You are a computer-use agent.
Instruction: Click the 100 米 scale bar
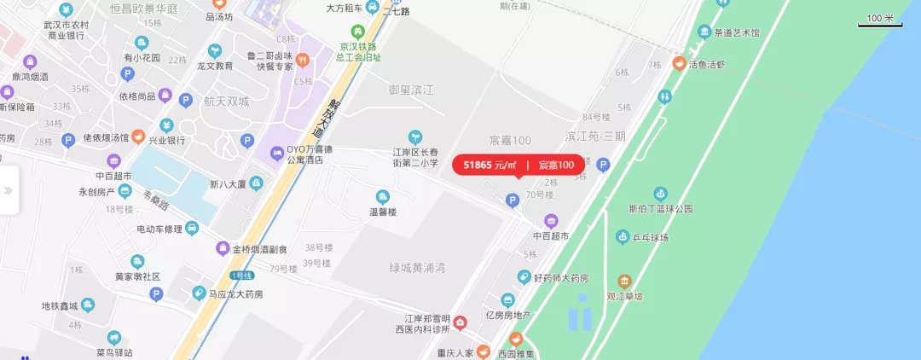point(879,20)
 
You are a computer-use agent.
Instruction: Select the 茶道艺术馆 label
point(737,32)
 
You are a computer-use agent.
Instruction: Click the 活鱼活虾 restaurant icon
point(679,63)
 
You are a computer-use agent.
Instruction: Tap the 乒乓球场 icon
point(623,236)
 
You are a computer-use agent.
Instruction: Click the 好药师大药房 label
point(560,277)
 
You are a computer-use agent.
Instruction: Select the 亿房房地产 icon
point(508,300)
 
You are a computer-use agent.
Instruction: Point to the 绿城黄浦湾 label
point(417,269)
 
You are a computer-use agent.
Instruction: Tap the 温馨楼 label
point(383,212)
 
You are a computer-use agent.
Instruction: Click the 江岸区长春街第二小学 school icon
point(415,136)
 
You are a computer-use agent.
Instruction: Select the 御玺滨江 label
point(412,90)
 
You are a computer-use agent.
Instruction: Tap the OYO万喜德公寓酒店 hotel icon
point(277,154)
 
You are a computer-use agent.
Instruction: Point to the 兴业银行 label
point(167,139)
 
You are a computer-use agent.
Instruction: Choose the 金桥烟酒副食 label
point(260,249)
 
